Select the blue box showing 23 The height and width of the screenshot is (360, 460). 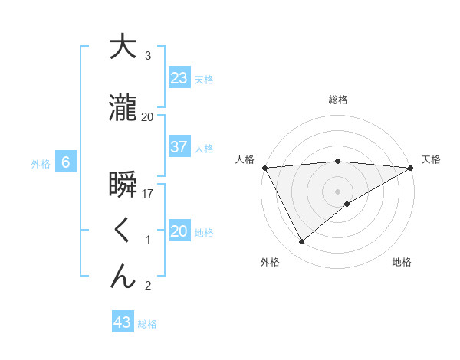pos(179,78)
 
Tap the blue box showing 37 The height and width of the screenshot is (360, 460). pos(179,147)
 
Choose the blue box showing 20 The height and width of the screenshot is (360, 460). pos(179,231)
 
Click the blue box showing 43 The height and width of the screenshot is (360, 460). pos(123,322)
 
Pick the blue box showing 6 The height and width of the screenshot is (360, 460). pos(66,162)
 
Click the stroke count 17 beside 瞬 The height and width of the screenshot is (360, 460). pos(149,195)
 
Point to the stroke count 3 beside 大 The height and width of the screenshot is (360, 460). pos(147,56)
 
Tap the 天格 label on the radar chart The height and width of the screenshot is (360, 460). pos(432,159)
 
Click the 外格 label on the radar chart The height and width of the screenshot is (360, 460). pos(269,262)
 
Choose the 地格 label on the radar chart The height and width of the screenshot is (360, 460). pos(402,262)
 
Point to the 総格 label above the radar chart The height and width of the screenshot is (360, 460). pos(338,100)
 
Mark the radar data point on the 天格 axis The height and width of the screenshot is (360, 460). pos(411,167)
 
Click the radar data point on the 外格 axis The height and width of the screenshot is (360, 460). pos(302,241)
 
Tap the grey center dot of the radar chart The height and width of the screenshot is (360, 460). pos(338,191)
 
